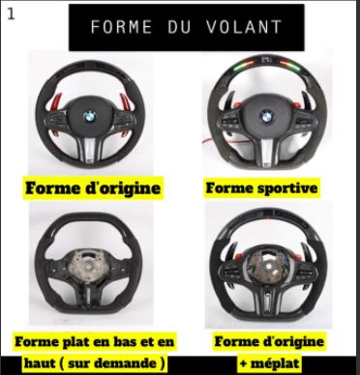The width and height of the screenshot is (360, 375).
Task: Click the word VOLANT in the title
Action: (244, 27)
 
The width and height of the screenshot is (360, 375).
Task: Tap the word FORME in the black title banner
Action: (121, 27)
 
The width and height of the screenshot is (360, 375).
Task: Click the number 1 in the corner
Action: (11, 14)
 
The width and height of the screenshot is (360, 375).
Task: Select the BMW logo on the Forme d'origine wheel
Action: (90, 117)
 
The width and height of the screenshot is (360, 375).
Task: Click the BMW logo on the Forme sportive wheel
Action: (266, 116)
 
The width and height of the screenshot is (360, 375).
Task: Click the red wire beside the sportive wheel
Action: (210, 142)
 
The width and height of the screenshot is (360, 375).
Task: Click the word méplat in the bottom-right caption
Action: (274, 363)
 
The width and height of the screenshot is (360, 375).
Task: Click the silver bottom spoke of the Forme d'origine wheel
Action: (90, 148)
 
